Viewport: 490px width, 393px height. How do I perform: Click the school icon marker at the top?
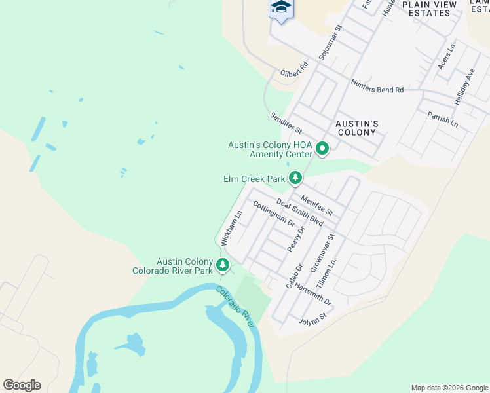coord(281,9)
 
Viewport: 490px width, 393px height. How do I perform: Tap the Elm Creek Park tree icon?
coord(296,178)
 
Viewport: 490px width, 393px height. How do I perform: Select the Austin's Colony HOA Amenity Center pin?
coord(322,149)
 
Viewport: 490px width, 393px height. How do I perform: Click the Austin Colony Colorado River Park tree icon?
coord(223,265)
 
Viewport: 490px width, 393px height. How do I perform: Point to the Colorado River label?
coord(235,308)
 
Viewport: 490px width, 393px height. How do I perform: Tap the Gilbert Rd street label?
coord(293,70)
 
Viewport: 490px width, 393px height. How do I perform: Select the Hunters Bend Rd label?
coord(377,86)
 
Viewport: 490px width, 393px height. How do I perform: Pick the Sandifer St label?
coord(286,123)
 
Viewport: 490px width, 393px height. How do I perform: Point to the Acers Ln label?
coord(445,58)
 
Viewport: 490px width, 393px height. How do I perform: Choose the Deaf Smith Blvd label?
coord(300,213)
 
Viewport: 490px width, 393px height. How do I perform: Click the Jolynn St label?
coord(312,319)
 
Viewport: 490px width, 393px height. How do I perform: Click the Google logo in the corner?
coord(22,385)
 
